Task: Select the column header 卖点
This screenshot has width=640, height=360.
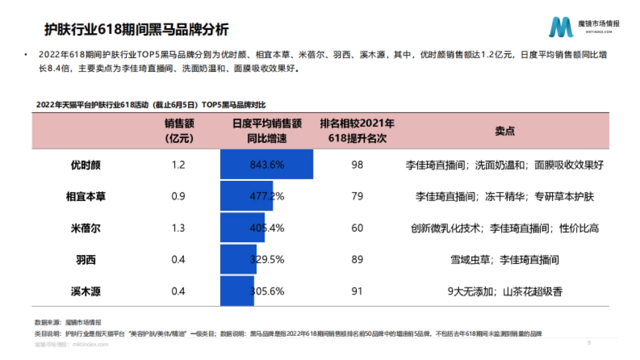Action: (x=505, y=131)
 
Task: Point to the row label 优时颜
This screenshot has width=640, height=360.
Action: (x=85, y=165)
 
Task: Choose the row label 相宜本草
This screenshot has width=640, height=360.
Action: (x=85, y=196)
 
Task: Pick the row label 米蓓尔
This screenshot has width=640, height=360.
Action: (x=85, y=228)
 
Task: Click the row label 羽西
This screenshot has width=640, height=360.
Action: (x=85, y=260)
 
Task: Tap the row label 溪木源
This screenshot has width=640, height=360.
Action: (x=85, y=291)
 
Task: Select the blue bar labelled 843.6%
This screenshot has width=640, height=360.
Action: (x=266, y=165)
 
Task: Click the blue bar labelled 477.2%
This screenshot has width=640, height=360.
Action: (x=246, y=196)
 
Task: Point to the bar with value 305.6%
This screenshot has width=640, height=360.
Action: (x=237, y=291)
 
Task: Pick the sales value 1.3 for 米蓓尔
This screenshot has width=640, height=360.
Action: (x=179, y=228)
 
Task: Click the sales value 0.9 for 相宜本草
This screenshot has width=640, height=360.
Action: (x=179, y=196)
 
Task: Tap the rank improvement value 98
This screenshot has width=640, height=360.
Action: (x=357, y=165)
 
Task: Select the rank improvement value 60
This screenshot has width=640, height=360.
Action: (x=357, y=228)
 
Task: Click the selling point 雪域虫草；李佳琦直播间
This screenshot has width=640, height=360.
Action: (x=505, y=260)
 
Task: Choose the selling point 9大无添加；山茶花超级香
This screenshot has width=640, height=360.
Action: (x=505, y=291)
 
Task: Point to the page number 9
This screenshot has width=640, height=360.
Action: (x=589, y=343)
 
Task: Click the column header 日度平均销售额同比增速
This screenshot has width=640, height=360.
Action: (x=267, y=131)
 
